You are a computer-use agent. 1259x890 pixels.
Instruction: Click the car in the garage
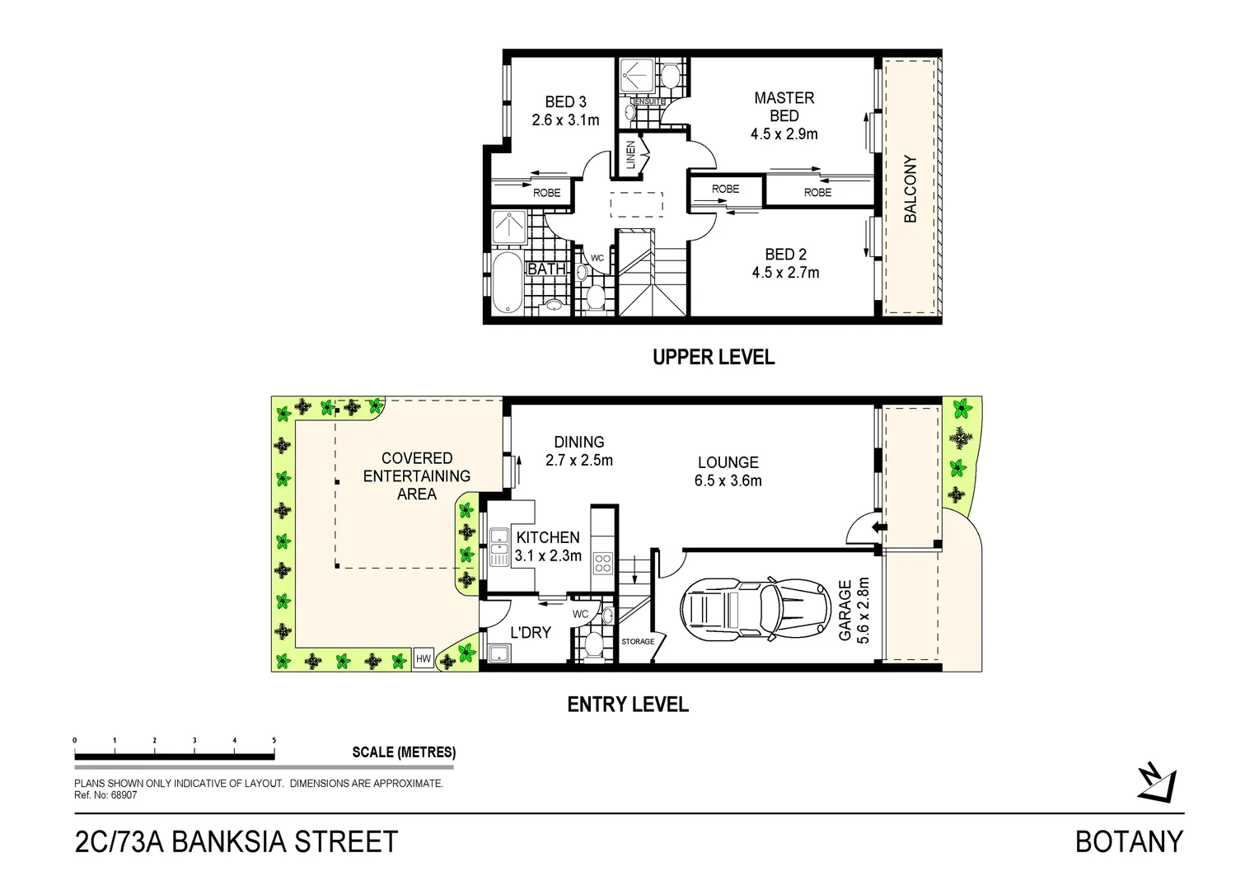(753, 610)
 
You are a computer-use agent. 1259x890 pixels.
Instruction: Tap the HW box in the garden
(424, 658)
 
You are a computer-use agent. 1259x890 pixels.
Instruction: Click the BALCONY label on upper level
(910, 189)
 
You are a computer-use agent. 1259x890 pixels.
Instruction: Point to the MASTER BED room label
(784, 107)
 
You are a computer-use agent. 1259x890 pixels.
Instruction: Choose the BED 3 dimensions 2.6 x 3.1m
(565, 120)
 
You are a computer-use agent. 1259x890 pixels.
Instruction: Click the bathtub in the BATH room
(506, 282)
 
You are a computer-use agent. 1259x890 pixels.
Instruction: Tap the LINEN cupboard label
(631, 155)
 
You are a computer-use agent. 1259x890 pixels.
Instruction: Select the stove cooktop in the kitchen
(603, 564)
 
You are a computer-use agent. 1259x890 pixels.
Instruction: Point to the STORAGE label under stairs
(638, 641)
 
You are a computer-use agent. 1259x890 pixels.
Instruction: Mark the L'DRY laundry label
(530, 633)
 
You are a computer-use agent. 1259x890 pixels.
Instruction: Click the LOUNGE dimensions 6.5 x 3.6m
(728, 481)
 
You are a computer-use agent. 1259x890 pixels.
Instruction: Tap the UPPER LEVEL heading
(714, 358)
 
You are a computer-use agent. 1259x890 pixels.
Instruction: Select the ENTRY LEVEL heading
(628, 705)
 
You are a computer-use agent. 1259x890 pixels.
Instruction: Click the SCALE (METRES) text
(404, 752)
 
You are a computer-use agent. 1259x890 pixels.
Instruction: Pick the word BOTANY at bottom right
(1129, 842)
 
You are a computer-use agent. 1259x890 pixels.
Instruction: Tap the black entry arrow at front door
(879, 527)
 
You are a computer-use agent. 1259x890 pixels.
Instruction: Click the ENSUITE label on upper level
(650, 101)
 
